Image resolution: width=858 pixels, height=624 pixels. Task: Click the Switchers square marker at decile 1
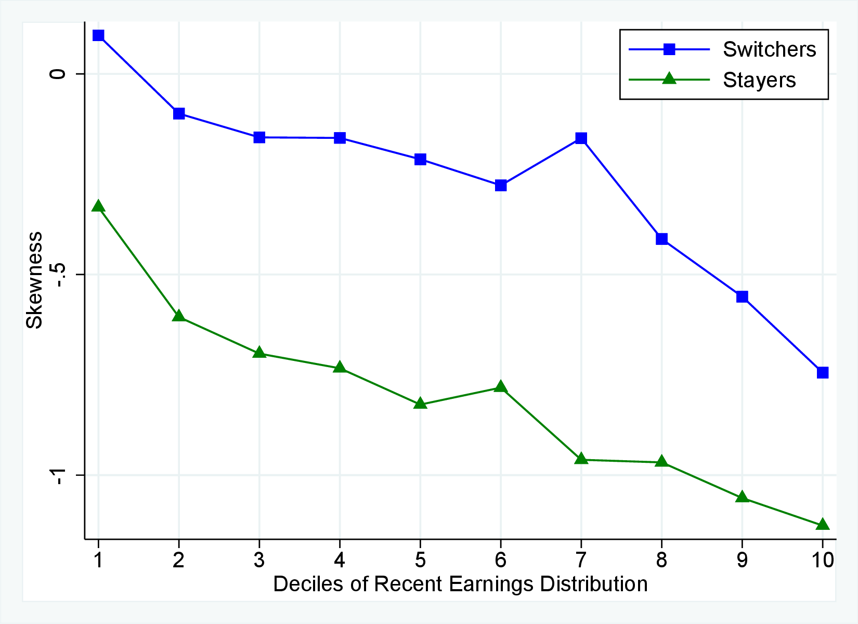(98, 35)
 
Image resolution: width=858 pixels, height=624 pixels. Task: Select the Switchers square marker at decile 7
(581, 138)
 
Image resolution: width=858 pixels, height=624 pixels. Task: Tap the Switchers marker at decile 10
(823, 372)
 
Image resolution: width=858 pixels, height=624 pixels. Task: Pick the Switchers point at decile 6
(501, 185)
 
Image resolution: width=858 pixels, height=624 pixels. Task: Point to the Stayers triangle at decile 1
(98, 206)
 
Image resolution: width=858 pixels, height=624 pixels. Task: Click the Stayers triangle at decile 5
(420, 404)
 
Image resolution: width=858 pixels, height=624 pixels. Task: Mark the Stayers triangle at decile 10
(823, 525)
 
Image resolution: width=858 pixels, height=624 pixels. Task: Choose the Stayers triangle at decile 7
(581, 459)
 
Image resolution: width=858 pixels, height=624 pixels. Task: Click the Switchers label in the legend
(769, 49)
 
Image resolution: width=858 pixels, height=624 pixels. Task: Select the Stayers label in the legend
(759, 80)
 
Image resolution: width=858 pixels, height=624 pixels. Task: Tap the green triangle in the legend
(669, 79)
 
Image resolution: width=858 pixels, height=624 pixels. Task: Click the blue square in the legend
(669, 49)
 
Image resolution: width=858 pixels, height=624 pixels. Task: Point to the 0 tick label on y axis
(58, 74)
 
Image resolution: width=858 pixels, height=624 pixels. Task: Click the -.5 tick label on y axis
(58, 275)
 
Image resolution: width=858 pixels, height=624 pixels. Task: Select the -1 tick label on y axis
(58, 475)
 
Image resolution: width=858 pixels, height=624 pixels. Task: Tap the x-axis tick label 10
(822, 560)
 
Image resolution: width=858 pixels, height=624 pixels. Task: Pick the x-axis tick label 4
(340, 560)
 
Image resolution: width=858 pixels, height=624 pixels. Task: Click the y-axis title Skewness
(34, 280)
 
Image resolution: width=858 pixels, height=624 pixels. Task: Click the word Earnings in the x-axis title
(490, 584)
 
